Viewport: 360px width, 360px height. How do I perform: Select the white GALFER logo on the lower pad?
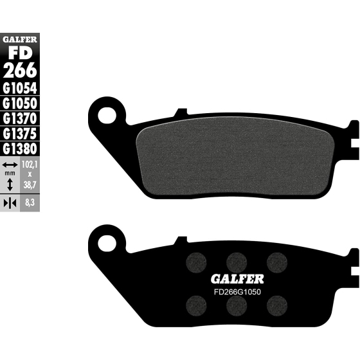[237, 279]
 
